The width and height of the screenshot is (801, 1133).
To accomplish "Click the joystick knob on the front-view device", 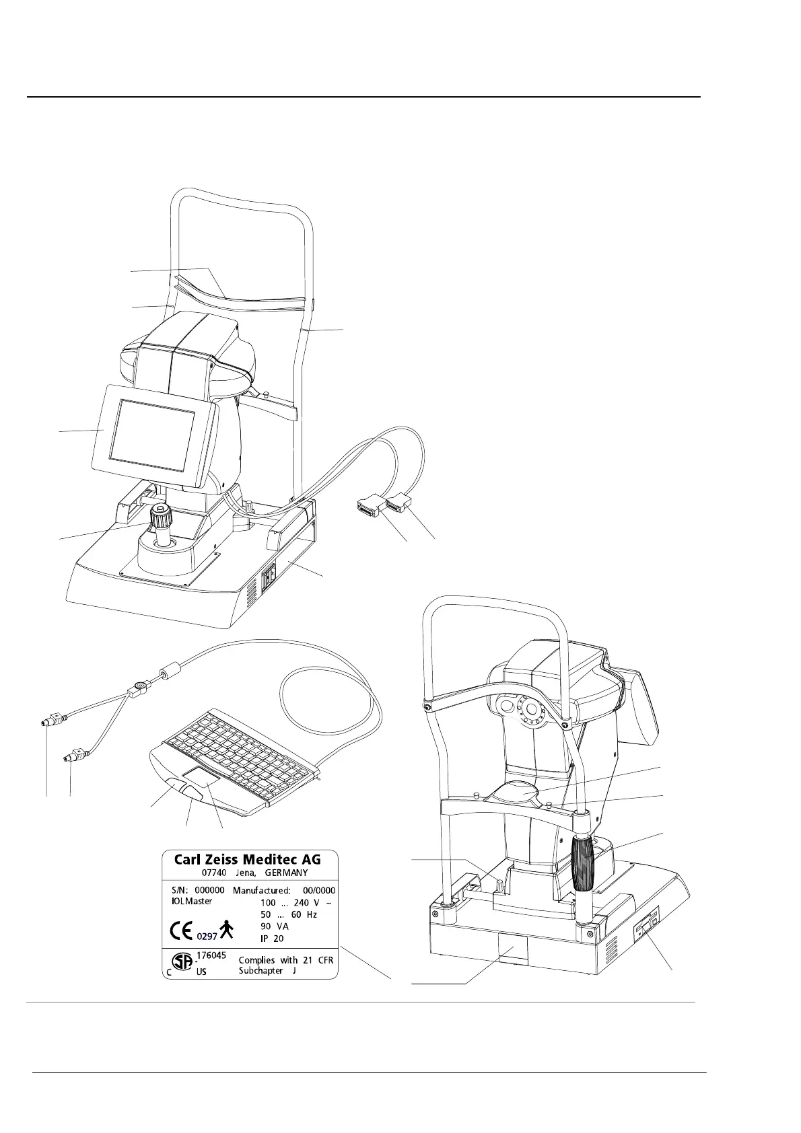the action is click(x=160, y=517).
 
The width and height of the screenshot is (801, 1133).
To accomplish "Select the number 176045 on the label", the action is click(x=211, y=955).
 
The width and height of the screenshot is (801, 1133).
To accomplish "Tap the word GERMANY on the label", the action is click(x=285, y=873).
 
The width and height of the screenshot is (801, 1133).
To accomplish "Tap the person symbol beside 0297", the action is click(x=228, y=929).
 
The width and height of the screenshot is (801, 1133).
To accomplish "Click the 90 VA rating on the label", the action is click(x=274, y=926).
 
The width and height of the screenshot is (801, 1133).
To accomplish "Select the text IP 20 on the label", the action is click(x=272, y=939).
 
